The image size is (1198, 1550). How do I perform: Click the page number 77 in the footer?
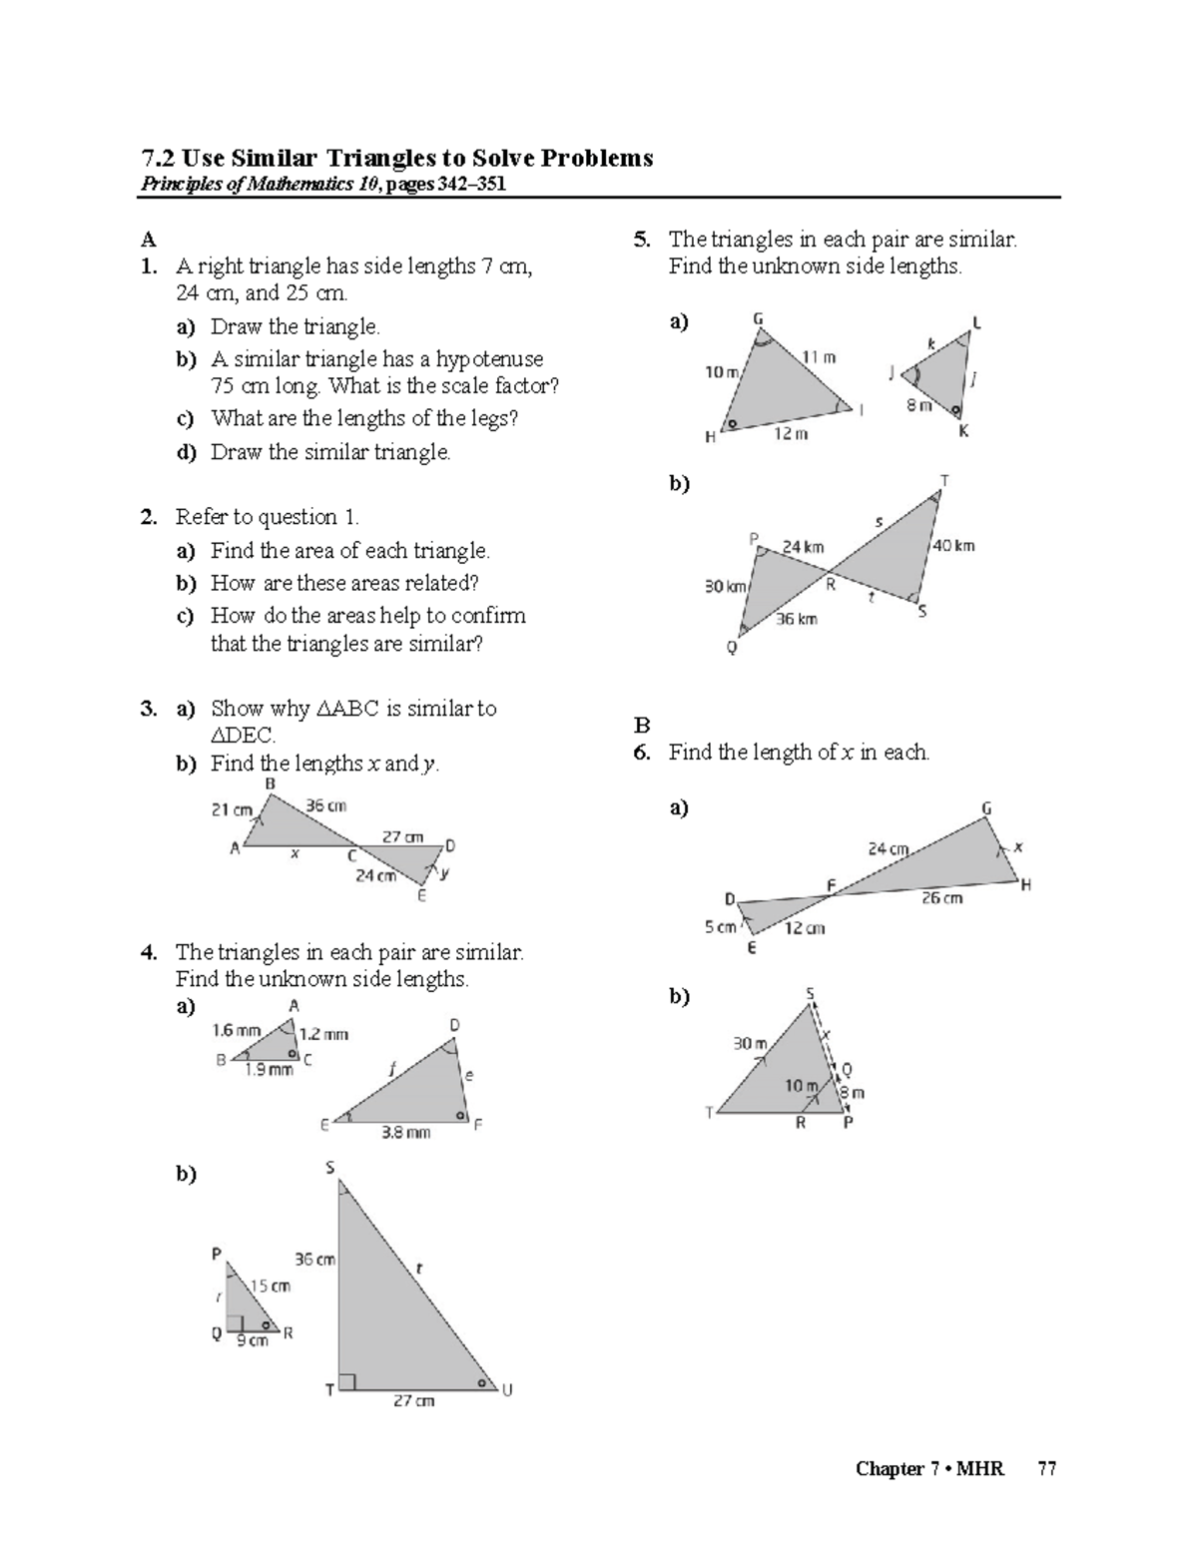[x=1046, y=1468]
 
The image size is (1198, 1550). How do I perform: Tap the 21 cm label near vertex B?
[x=232, y=809]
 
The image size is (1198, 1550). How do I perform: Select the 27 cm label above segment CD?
[x=403, y=836]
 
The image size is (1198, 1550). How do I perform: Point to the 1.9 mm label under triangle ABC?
[x=269, y=1070]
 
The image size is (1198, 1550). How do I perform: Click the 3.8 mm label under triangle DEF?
[x=406, y=1133]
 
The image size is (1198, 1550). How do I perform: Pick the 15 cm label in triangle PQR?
[x=271, y=1286]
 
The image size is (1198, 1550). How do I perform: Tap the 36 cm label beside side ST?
[x=314, y=1260]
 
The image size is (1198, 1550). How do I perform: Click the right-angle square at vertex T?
[x=346, y=1382]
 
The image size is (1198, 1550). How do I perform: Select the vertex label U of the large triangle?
[x=507, y=1390]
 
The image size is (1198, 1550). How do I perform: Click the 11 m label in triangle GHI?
[x=819, y=356]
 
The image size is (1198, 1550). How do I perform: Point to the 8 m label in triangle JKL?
[x=918, y=405]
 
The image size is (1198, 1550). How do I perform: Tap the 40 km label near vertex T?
[x=952, y=546]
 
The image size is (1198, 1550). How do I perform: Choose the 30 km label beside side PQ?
[x=726, y=587]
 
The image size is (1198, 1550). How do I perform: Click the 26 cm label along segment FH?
[x=941, y=898]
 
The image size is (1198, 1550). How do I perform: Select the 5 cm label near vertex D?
[x=720, y=927]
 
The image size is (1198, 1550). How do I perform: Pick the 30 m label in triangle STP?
[x=750, y=1043]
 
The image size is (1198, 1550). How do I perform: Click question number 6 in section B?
[x=642, y=753]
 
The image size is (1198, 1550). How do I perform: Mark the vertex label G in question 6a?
[x=986, y=807]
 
